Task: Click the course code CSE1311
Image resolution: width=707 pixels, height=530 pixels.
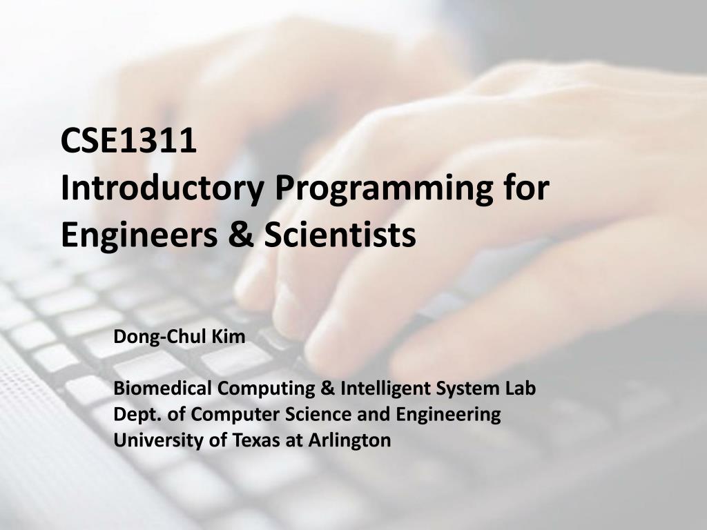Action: click(x=128, y=141)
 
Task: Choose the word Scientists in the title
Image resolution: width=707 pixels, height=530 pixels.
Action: click(x=331, y=235)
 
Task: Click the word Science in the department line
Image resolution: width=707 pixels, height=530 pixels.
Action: click(x=313, y=414)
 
